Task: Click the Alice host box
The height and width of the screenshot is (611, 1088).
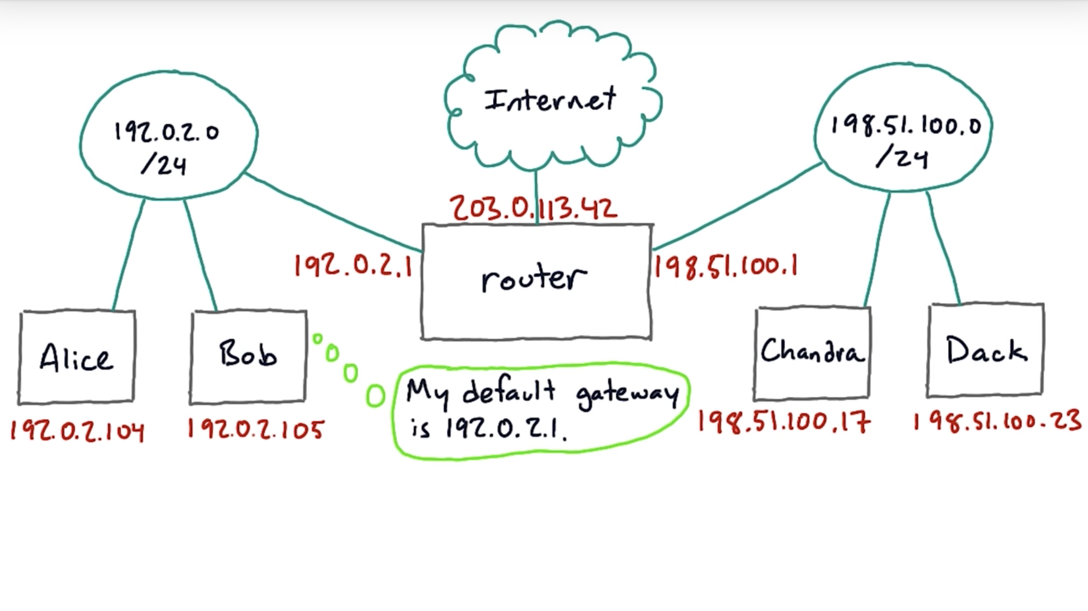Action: [77, 358]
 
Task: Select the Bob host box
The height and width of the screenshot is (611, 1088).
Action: [248, 357]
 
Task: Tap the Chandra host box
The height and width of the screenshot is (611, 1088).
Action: [812, 352]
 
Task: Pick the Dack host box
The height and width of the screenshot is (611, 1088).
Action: [985, 350]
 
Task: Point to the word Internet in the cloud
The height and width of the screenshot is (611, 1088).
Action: [550, 99]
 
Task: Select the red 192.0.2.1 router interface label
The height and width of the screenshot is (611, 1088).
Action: [353, 266]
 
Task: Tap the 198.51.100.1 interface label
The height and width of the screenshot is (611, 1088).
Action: [726, 266]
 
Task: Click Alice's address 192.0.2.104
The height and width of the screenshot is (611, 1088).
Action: [77, 431]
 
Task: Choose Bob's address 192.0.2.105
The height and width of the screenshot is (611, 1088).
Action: [256, 429]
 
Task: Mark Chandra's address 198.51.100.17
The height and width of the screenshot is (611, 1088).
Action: [783, 422]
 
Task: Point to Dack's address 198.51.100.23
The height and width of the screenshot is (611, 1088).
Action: [997, 421]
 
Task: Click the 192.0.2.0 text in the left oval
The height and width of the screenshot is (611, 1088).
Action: [167, 132]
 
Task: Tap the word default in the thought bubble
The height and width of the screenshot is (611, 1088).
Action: [509, 391]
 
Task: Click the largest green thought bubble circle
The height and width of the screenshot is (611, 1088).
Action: [375, 396]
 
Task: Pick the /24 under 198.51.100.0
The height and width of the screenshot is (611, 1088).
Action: [902, 157]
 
